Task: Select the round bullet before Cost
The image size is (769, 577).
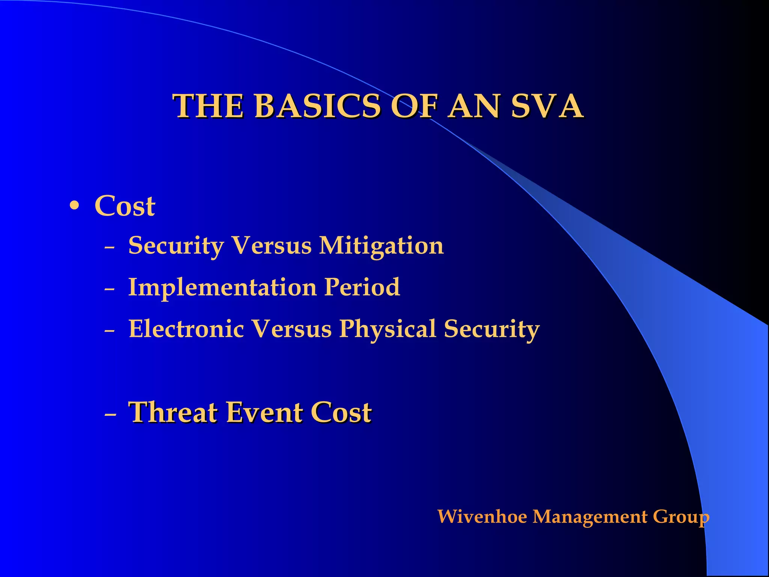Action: [75, 206]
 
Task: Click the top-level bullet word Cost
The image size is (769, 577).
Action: [125, 206]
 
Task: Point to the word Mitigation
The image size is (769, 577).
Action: [381, 246]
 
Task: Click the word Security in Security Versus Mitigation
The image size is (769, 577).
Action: [176, 246]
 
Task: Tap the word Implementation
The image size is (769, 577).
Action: [222, 287]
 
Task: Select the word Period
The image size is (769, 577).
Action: [362, 287]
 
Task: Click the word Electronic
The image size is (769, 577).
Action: [186, 329]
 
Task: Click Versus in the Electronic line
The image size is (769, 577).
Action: [291, 329]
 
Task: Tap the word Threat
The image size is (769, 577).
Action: [173, 412]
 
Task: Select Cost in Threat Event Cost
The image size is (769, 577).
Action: [341, 412]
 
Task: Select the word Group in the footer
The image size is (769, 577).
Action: [681, 517]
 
